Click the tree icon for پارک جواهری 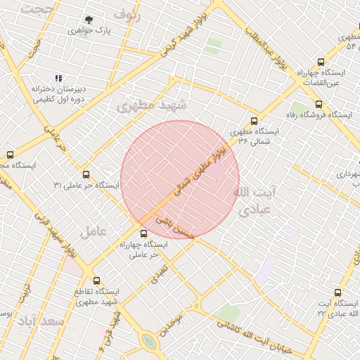(x=89, y=20)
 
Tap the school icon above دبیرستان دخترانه (x=58, y=79)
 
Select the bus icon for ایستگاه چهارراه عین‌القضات (x=321, y=62)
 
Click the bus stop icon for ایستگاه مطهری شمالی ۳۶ (x=254, y=120)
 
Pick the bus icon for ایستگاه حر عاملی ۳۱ (x=86, y=174)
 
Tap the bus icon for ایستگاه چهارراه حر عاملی (x=144, y=233)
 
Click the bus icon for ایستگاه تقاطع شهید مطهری (x=96, y=280)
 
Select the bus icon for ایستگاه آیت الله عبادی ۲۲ (x=338, y=292)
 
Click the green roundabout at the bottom (x=148, y=342)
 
